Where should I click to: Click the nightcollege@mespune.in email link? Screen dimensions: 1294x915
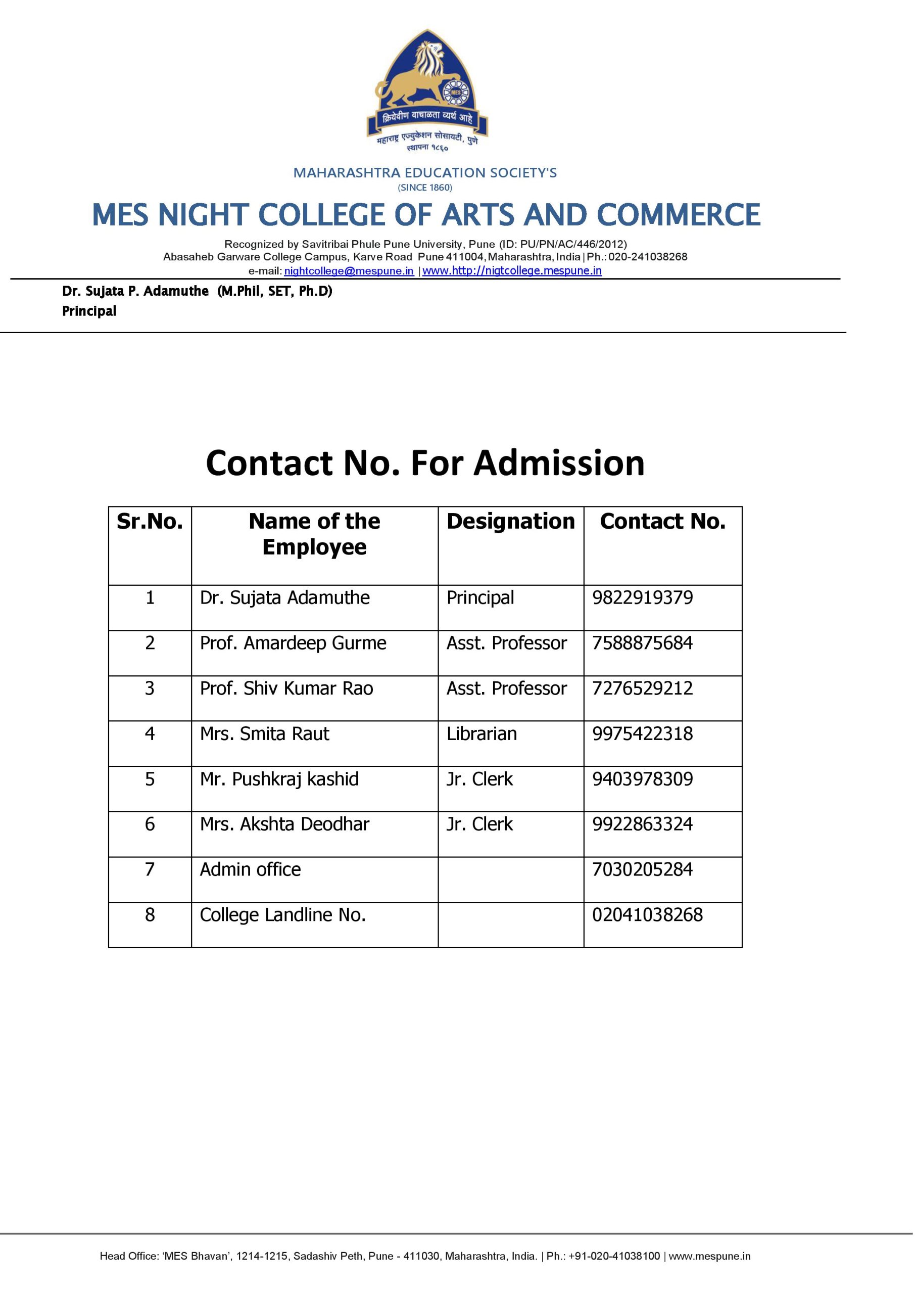(349, 271)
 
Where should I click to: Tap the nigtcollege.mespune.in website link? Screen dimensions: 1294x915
(512, 271)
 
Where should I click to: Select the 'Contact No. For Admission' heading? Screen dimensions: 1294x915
(425, 464)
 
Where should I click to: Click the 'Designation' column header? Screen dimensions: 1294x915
(510, 522)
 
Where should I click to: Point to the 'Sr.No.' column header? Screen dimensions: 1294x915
(150, 522)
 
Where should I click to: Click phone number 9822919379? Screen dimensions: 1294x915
(642, 598)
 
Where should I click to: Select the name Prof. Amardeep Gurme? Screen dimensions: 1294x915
(293, 643)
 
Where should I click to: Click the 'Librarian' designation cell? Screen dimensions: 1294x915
(481, 734)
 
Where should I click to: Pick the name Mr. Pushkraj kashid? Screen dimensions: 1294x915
(279, 779)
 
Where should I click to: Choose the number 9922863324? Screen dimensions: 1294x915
(642, 824)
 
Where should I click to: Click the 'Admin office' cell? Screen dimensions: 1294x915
(250, 869)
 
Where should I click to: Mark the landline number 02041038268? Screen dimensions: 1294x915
(647, 915)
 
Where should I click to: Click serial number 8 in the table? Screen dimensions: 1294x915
(150, 915)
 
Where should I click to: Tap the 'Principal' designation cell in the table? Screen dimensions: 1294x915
(480, 598)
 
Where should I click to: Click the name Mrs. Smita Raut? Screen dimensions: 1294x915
(265, 734)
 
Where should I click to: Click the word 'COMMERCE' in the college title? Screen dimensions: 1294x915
(679, 215)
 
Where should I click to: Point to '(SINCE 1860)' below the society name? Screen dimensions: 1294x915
(425, 188)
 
